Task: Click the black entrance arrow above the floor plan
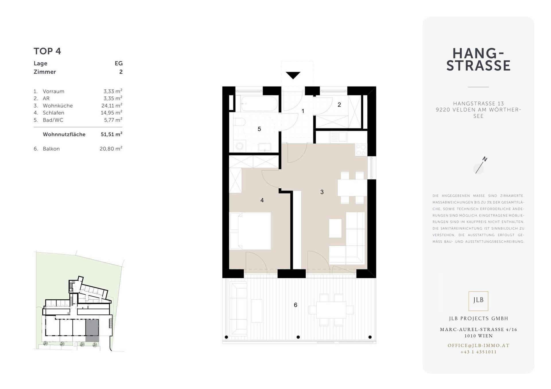point(293,75)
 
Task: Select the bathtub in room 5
point(259,103)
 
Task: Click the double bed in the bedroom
point(250,231)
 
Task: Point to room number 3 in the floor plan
point(322,192)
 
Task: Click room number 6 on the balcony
point(296,305)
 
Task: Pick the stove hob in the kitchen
point(361,150)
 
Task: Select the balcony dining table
point(331,310)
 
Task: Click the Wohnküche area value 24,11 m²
point(112,105)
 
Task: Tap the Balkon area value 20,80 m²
point(111,148)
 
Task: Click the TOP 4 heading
point(47,51)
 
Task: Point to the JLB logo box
point(478,301)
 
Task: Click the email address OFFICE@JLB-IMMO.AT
point(479,345)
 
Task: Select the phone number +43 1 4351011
point(479,352)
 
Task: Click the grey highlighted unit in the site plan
point(92,331)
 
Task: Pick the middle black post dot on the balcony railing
point(298,337)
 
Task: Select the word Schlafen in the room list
point(53,113)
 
